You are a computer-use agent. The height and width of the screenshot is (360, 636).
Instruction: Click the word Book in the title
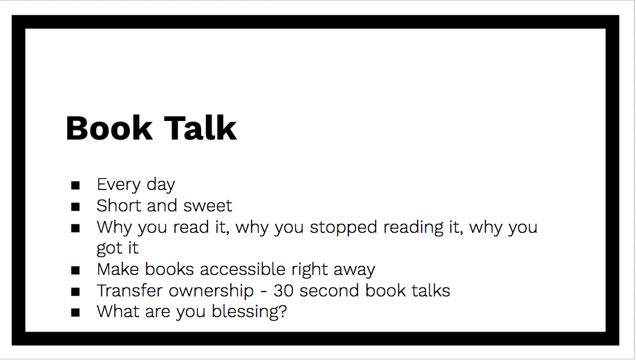coord(109,129)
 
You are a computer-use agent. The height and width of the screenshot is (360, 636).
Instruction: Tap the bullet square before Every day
coord(75,185)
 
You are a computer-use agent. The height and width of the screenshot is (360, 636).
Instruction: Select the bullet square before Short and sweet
coord(75,206)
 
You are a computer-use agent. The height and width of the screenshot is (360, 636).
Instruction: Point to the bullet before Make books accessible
coord(75,269)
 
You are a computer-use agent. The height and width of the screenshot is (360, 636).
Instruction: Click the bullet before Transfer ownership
coord(75,291)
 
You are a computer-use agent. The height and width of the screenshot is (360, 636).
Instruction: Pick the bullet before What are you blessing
coord(75,312)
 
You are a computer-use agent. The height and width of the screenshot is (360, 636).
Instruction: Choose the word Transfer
coord(127,291)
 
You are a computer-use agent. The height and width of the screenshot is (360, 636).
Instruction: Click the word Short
coord(117,206)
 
